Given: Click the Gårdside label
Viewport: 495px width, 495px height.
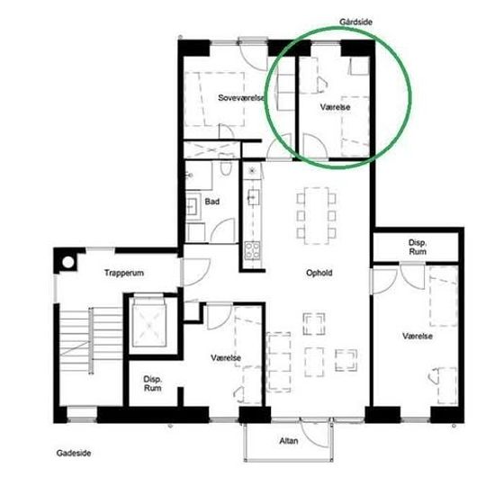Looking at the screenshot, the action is click(355, 22).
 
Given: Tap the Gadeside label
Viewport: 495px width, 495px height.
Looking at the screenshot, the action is click(74, 453).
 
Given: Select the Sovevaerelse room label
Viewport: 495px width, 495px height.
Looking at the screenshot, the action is click(241, 98).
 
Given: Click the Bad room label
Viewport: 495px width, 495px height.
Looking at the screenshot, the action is click(212, 202).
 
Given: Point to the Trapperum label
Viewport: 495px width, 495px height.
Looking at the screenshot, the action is click(124, 273).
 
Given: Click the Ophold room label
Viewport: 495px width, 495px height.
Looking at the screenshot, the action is click(319, 273).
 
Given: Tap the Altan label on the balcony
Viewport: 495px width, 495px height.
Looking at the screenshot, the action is click(289, 441).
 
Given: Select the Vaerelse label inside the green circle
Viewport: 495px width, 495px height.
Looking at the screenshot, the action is click(336, 107).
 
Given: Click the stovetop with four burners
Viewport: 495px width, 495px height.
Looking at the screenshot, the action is click(252, 250).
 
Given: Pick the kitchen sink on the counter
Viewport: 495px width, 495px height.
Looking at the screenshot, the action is click(254, 197).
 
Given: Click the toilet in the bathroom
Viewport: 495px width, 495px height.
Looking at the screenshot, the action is click(226, 165).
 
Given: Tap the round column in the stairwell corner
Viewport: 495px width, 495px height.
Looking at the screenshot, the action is click(67, 262).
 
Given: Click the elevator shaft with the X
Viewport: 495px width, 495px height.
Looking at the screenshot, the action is click(149, 324).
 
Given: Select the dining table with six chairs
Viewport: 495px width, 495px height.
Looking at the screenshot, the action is click(316, 216).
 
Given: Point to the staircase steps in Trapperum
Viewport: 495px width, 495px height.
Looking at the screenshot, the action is click(91, 340).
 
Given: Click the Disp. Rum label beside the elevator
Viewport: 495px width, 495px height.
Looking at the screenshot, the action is click(152, 383).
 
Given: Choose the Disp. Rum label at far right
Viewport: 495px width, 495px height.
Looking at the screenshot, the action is click(418, 247).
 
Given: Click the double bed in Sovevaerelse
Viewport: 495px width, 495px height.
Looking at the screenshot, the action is click(215, 99).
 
